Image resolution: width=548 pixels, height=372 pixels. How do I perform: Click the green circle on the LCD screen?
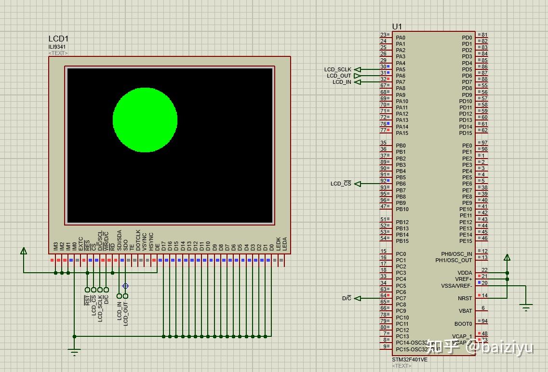click(145, 120)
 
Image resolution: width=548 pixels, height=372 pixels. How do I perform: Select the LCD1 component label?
click(58, 39)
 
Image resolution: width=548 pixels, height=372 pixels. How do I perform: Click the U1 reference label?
click(397, 27)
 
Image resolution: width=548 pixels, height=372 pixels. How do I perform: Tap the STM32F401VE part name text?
click(409, 359)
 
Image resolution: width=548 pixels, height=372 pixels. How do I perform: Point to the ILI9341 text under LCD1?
click(57, 47)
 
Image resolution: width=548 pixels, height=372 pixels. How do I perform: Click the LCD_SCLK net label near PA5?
click(338, 69)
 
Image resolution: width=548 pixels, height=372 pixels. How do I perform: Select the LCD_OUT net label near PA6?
click(339, 76)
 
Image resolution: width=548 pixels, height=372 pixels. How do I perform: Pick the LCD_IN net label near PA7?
click(342, 82)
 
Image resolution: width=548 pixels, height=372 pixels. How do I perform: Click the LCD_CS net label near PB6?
click(341, 184)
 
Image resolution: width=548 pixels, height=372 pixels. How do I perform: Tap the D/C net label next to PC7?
click(347, 298)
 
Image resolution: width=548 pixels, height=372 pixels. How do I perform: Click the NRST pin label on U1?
click(465, 298)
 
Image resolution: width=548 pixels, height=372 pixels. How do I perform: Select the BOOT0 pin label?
click(463, 324)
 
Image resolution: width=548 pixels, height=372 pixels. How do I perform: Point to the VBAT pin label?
click(465, 311)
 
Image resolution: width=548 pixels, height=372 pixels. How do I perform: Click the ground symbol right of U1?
click(526, 307)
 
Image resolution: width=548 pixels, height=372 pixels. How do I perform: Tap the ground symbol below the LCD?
click(74, 352)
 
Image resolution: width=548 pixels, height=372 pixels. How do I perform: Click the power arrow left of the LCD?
click(24, 251)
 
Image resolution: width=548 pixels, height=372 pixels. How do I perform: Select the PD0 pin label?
click(467, 38)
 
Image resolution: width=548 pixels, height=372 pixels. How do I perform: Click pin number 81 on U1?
click(484, 35)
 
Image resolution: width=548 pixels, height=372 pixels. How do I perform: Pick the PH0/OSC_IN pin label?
click(456, 254)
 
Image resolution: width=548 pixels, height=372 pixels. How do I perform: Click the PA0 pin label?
click(401, 38)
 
